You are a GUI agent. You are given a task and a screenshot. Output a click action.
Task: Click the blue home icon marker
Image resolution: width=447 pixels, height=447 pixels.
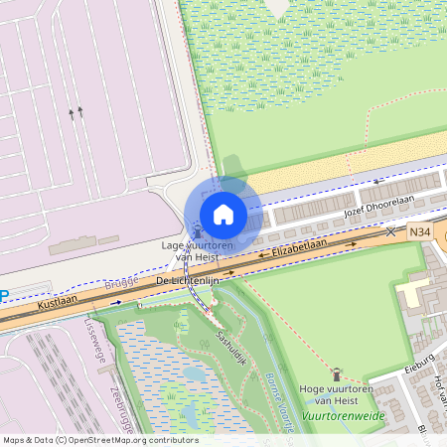click(x=223, y=214)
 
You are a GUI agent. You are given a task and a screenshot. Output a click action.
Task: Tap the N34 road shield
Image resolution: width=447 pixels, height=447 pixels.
click(x=420, y=232)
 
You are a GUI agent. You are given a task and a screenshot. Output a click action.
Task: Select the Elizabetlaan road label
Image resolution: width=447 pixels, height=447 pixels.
click(x=299, y=248)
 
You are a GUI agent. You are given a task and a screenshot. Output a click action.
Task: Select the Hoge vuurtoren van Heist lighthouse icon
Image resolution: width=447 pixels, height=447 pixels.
click(x=336, y=374)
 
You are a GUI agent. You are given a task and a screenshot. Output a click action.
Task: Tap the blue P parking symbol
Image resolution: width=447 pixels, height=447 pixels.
click(x=4, y=294)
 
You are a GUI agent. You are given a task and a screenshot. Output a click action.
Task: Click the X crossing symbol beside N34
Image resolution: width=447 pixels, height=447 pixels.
click(x=390, y=231)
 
